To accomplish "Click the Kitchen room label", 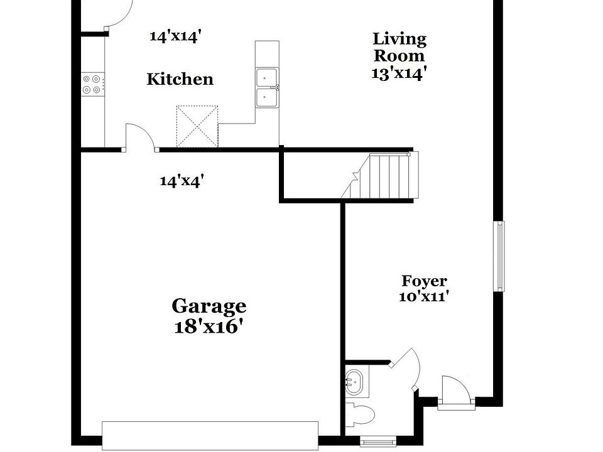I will pos(180,80).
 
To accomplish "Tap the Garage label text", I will pos(209,306).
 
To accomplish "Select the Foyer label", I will pos(425,281).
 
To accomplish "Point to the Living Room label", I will pos(399,47).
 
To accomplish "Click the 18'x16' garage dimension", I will pos(209,327).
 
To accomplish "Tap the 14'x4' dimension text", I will pos(182,181).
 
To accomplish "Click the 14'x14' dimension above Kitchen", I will pos(175,36).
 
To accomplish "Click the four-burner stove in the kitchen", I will pos(92,84).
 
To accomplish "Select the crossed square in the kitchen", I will pos(197,126).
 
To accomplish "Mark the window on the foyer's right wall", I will pos(499,256).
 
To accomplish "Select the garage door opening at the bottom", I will pos(210,434).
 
